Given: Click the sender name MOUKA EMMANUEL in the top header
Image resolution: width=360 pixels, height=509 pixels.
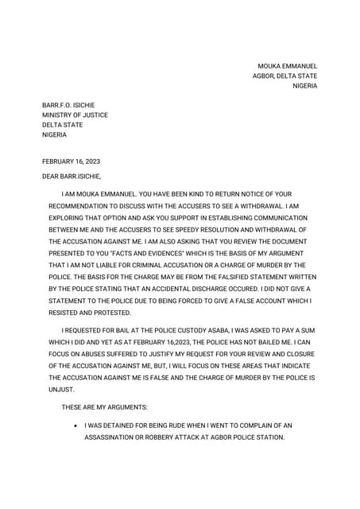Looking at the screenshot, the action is pyautogui.click(x=287, y=66).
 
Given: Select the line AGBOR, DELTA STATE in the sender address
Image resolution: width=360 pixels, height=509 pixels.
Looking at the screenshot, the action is pyautogui.click(x=285, y=76).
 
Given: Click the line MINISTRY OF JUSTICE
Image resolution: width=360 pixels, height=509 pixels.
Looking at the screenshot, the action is pyautogui.click(x=75, y=115).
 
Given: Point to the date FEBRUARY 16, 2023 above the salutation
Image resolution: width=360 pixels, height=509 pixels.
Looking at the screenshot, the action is pyautogui.click(x=71, y=161).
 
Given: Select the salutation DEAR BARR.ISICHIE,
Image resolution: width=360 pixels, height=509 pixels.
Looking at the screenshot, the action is pyautogui.click(x=72, y=176).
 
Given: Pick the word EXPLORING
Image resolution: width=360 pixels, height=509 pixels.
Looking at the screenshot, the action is pyautogui.click(x=69, y=217).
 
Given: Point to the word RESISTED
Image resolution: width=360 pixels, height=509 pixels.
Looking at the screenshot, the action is pyautogui.click(x=66, y=312).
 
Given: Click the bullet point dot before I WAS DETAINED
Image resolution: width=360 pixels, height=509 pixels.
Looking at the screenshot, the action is pyautogui.click(x=75, y=425).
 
